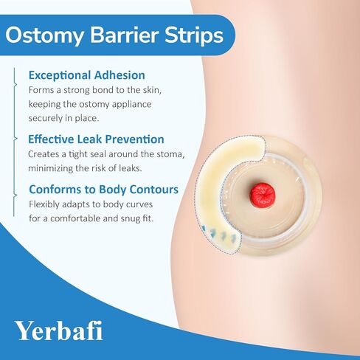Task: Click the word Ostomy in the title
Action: pos(45,35)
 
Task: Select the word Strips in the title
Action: pos(194,35)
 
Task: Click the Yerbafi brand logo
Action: pos(59,330)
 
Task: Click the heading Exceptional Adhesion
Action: pos(87,75)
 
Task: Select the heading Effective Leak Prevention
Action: pos(96,139)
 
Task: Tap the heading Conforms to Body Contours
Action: pos(103,190)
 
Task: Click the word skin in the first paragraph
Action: pos(152,90)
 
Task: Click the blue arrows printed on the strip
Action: pos(220,235)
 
